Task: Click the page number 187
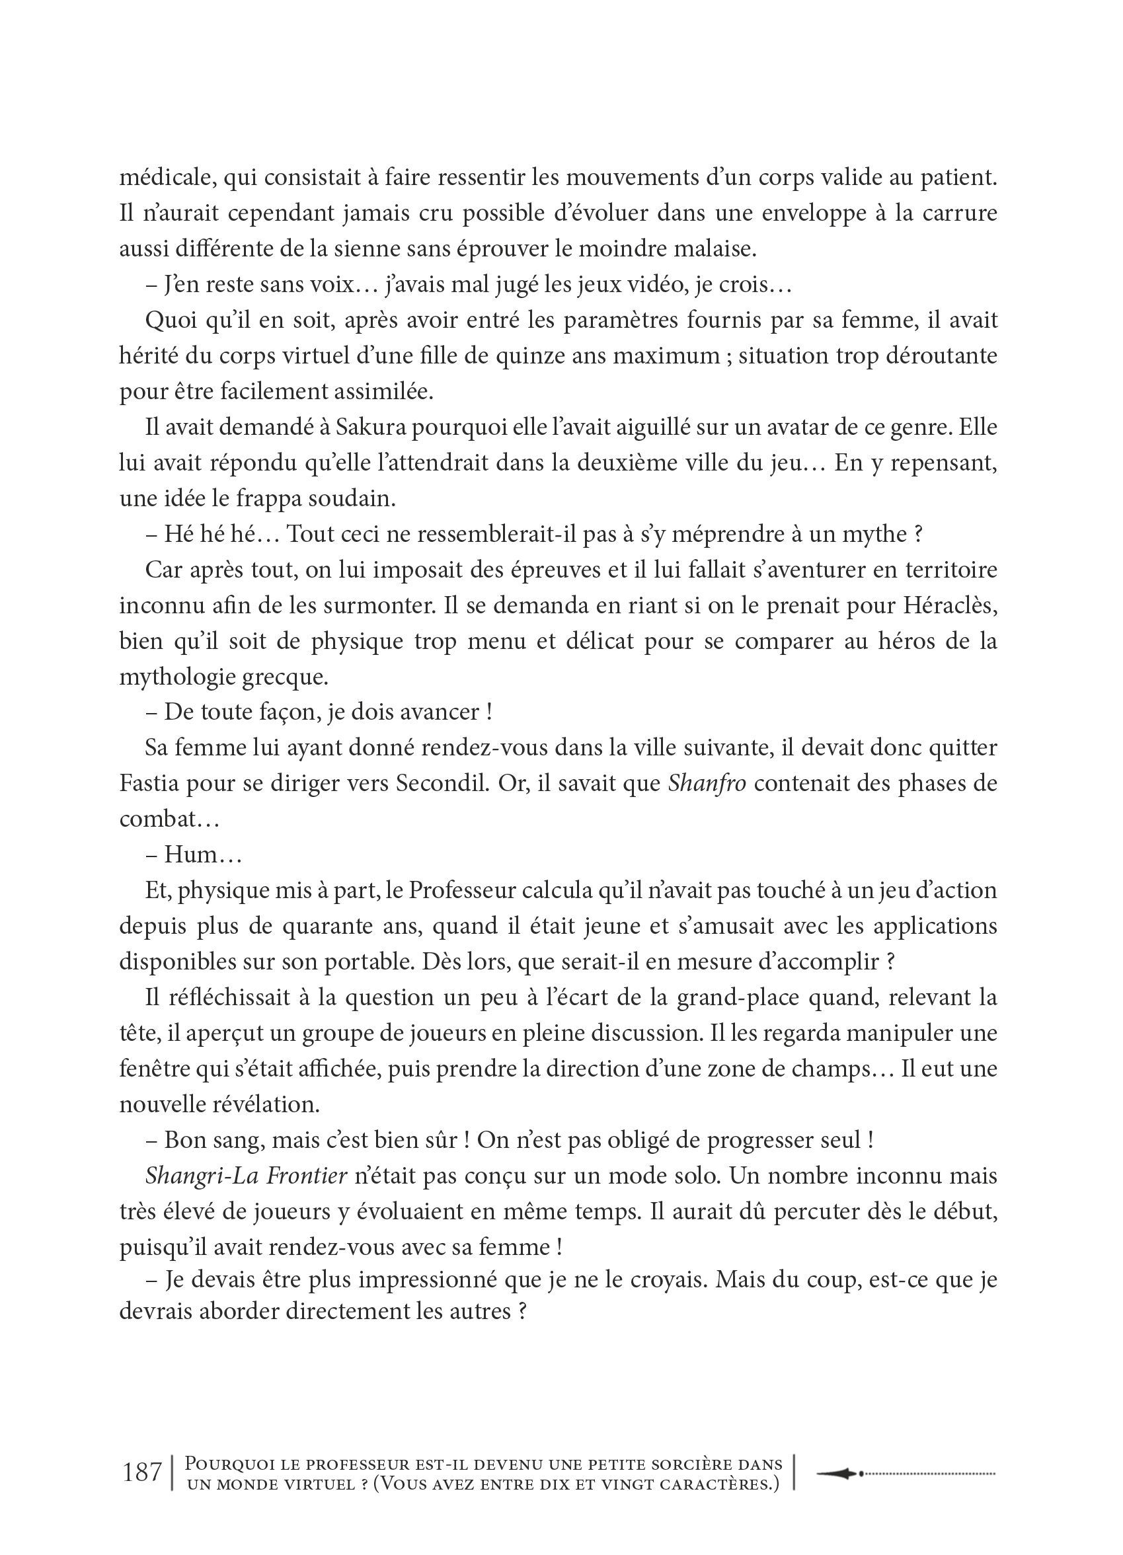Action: tap(142, 1471)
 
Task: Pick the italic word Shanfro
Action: tap(706, 784)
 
